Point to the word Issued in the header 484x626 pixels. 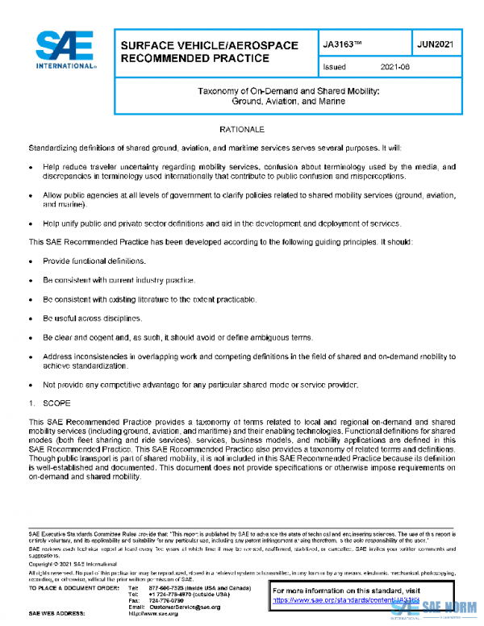click(x=334, y=68)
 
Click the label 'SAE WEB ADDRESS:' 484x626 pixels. click(x=56, y=614)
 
